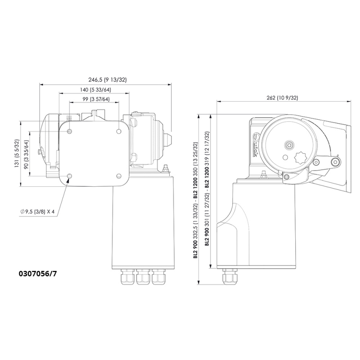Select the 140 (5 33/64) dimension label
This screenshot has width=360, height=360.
click(x=93, y=90)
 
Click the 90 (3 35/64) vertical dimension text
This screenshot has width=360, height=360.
click(x=27, y=153)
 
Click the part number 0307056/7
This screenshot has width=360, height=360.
click(x=38, y=273)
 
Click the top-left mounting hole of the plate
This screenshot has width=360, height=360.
click(x=69, y=131)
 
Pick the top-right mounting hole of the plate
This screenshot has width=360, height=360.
click(x=118, y=131)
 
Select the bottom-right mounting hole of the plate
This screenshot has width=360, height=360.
click(x=118, y=175)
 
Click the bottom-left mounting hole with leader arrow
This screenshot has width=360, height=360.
click(x=69, y=175)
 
